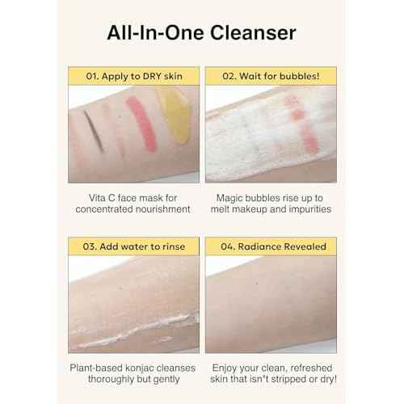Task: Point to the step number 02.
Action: pyautogui.click(x=228, y=77)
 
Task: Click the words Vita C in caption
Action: pyautogui.click(x=102, y=196)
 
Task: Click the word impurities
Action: pyautogui.click(x=300, y=209)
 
